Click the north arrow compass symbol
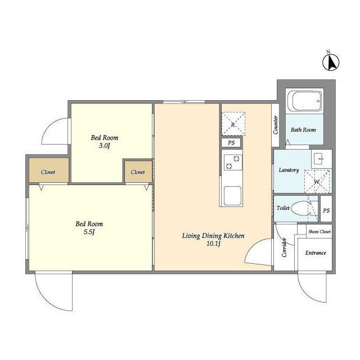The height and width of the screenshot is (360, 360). point(331,62)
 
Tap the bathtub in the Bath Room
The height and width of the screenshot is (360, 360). point(305,101)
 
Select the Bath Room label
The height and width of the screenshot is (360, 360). point(303,130)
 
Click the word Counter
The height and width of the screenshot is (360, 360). point(276,125)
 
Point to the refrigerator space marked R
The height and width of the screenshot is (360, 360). point(233,124)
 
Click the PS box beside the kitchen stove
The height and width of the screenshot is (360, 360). point(231,143)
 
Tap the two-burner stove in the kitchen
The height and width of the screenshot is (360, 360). point(233,163)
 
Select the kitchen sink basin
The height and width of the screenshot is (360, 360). point(232,195)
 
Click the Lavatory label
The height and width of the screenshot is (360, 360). point(289,170)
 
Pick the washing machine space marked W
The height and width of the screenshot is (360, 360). point(317,181)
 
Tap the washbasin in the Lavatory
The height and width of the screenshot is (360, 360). point(321,159)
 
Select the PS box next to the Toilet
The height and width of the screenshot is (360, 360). point(326,210)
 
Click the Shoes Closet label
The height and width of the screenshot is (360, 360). point(319,232)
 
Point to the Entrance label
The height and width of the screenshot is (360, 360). point(316,253)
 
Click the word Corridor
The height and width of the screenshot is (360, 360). point(285,247)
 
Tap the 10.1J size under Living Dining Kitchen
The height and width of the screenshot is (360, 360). point(213,244)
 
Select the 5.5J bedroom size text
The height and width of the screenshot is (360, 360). point(89,232)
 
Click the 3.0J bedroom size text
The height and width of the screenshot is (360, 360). point(105,146)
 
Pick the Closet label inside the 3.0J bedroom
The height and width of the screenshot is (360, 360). point(138,172)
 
